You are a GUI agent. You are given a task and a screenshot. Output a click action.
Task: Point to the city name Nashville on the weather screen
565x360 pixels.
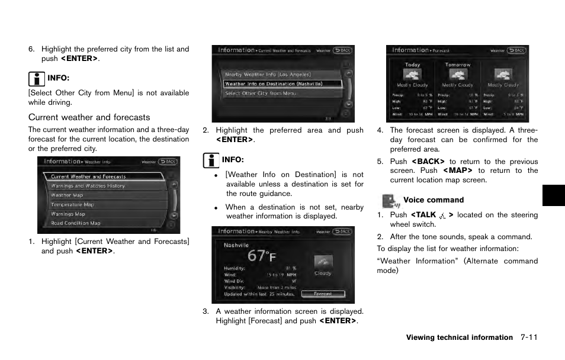(236, 245)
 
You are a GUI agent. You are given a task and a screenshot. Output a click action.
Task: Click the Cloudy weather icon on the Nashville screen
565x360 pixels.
(323, 262)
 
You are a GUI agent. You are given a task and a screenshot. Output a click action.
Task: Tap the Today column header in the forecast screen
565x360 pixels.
(412, 65)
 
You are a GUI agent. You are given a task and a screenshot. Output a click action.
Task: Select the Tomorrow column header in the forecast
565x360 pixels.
(457, 65)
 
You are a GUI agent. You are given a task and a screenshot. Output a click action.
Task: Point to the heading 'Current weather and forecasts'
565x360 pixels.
(89, 117)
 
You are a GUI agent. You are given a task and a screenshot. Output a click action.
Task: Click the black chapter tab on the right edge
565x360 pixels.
(553, 195)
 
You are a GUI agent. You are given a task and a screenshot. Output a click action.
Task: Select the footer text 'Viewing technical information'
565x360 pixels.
(459, 337)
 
